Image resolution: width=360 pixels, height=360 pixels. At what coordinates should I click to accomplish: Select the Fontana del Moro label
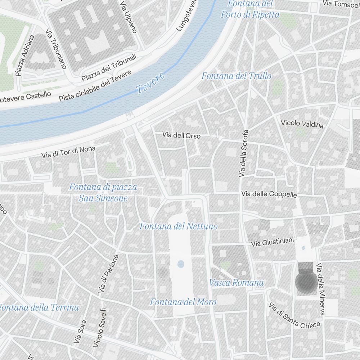[x=183, y=302]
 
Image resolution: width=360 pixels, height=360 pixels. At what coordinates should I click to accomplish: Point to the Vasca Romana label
[x=236, y=283]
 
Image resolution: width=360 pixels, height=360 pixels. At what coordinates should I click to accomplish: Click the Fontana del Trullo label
[x=236, y=76]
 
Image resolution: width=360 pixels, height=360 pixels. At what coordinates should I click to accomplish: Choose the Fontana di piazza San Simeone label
[x=103, y=193]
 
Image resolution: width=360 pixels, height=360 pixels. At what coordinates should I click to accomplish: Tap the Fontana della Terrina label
[x=39, y=307]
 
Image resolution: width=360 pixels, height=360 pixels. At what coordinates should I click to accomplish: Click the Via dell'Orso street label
[x=181, y=135]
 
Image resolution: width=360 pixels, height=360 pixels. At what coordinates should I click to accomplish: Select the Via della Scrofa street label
[x=244, y=153]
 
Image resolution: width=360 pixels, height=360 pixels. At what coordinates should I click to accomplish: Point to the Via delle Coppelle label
[x=269, y=194]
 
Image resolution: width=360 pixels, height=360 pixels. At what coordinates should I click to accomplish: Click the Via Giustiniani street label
[x=273, y=242]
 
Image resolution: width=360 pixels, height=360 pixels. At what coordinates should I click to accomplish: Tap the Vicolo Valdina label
[x=302, y=123]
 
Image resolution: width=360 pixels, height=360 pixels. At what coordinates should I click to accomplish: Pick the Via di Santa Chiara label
[x=294, y=316]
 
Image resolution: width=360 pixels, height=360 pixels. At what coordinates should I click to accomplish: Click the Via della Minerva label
[x=320, y=289]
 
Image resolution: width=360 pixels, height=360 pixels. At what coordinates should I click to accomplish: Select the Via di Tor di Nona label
[x=68, y=152]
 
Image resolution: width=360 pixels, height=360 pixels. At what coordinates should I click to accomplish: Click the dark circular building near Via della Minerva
[x=306, y=282]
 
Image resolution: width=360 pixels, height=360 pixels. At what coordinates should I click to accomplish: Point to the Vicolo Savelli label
[x=99, y=328]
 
